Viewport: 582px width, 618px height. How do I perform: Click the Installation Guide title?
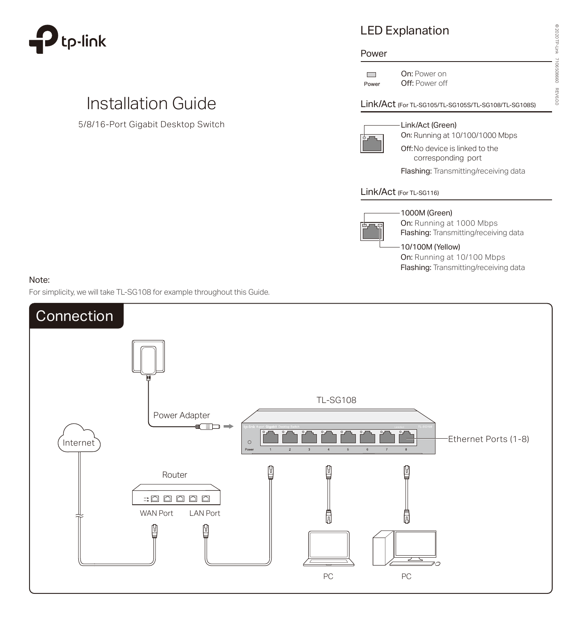pos(151,103)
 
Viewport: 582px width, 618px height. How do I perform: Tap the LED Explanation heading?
pos(404,31)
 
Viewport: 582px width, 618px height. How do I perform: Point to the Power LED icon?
pos(371,75)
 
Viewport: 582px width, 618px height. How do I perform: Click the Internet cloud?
pos(79,439)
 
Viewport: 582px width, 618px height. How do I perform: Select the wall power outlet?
pos(148,356)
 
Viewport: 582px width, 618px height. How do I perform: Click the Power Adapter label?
pos(181,415)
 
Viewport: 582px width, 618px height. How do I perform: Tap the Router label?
pos(174,475)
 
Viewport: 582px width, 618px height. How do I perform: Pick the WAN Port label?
pos(156,513)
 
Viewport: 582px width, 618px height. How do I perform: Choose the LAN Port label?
pos(204,513)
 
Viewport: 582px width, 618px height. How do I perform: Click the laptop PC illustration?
pos(328,549)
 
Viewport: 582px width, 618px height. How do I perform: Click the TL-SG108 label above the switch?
pos(336,400)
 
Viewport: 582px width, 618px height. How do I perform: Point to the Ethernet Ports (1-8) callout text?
pos(488,439)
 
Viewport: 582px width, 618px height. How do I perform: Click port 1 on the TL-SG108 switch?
pos(270,437)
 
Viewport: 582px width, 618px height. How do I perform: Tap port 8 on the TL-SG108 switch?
pos(406,437)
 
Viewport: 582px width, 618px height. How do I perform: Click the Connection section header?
pos(75,316)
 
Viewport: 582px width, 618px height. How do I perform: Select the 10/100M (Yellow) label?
pos(430,247)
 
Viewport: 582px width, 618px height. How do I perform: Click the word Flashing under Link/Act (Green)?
pos(416,171)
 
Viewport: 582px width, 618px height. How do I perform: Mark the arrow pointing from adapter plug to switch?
pos(228,426)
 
